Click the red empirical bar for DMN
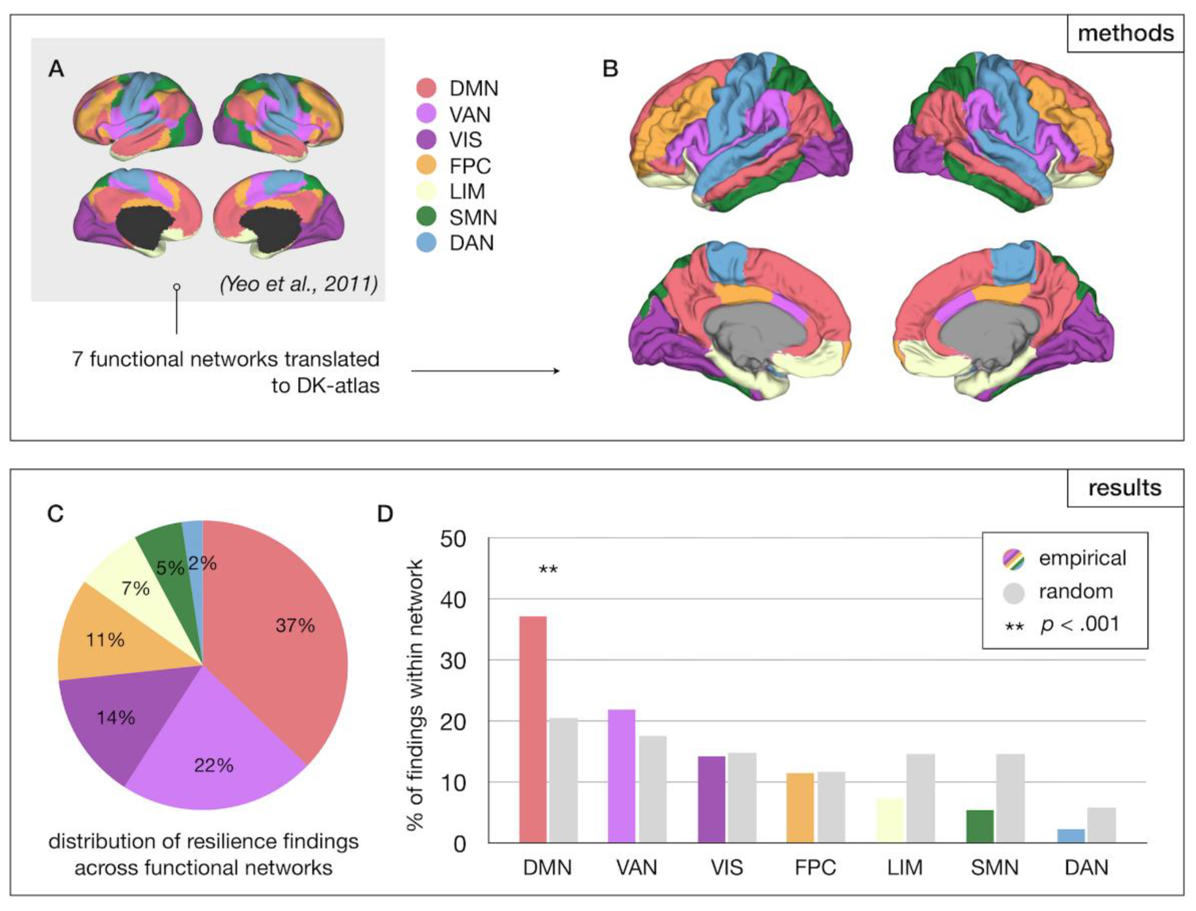(533, 729)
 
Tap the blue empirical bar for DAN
(1071, 836)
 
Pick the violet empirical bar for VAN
(621, 776)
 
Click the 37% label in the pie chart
(295, 625)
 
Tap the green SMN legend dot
(427, 217)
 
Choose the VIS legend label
(465, 140)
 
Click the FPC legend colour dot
(427, 165)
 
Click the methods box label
(1125, 34)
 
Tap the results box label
(1124, 488)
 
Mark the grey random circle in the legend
(1013, 593)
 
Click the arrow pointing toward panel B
(485, 371)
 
